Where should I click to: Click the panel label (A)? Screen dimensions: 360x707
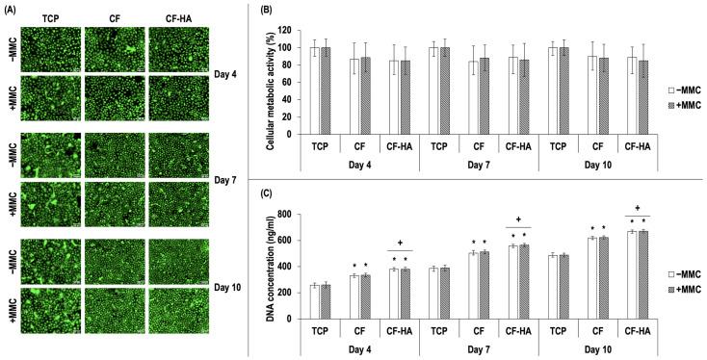point(13,8)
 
